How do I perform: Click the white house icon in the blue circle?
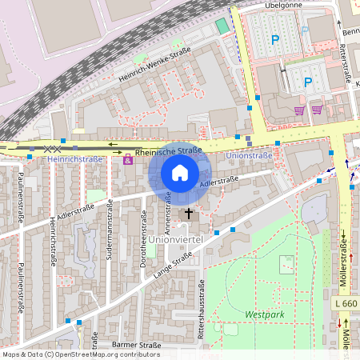click(180, 172)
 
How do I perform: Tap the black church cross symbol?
click(190, 214)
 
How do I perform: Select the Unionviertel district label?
click(166, 239)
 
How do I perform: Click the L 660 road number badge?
click(347, 304)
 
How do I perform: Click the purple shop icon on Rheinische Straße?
click(127, 160)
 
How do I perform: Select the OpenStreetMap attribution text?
click(80, 354)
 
